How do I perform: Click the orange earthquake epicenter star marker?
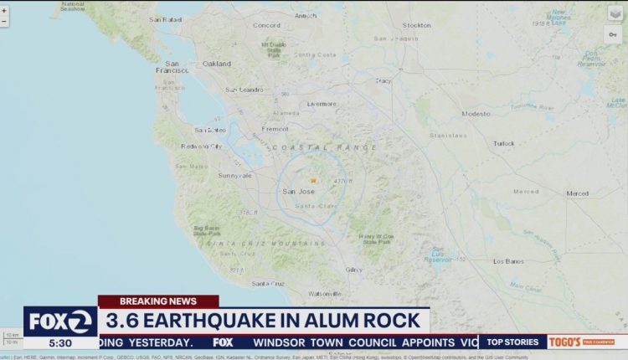[313, 181]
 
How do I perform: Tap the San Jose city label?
[298, 192]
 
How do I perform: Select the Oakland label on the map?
[216, 64]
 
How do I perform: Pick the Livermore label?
[321, 104]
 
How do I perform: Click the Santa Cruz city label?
[269, 284]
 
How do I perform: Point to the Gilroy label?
[354, 269]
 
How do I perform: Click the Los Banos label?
[509, 261]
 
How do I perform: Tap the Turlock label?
[504, 143]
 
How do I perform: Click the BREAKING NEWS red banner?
[158, 301]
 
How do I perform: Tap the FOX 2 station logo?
[60, 321]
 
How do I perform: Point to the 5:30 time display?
[60, 342]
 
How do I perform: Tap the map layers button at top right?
[615, 13]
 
